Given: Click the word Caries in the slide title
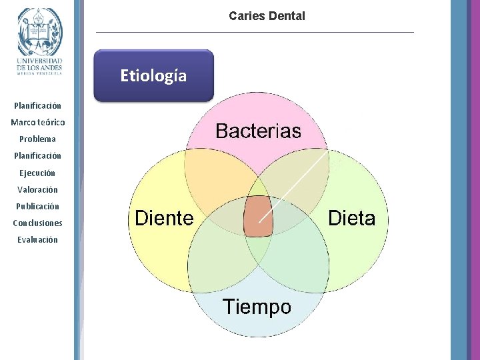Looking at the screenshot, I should (x=246, y=15).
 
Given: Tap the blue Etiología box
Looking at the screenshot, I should (x=153, y=75).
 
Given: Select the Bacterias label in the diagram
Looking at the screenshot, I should (x=258, y=131).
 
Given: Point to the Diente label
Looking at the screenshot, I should (x=164, y=218).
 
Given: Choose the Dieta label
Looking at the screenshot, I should (x=352, y=218).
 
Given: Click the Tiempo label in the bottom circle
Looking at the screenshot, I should (x=257, y=307).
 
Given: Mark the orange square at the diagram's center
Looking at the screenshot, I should (x=258, y=217).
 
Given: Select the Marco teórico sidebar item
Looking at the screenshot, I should (x=38, y=123).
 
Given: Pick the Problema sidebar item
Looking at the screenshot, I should (x=38, y=139).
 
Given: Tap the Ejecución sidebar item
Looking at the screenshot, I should (x=38, y=173).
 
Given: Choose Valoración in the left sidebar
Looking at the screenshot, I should (x=38, y=189).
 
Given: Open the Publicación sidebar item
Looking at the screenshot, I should (x=38, y=206).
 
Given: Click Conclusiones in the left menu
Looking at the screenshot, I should (x=38, y=223).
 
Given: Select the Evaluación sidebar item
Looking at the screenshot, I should (x=38, y=239).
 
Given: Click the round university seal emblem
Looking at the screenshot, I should (x=39, y=31).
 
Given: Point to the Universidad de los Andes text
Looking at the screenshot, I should (x=39, y=63).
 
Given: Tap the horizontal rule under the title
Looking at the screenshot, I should (x=255, y=32).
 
